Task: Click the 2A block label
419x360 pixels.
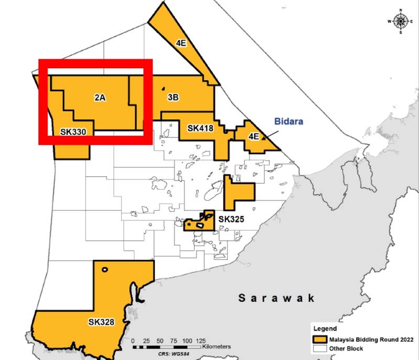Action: pos(101,98)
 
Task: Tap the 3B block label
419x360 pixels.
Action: pos(174,98)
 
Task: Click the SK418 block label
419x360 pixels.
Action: pos(200,128)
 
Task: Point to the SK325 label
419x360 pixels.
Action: pos(231,219)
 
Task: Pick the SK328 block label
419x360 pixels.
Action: pos(101,322)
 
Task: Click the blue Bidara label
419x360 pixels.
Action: pos(289,121)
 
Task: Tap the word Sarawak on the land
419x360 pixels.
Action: pos(276,298)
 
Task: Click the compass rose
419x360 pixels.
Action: pos(401,21)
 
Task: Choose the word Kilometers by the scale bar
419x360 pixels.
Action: pos(216,347)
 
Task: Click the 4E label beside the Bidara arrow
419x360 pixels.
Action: pos(253,136)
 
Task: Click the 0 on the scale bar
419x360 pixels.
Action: pos(133,341)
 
